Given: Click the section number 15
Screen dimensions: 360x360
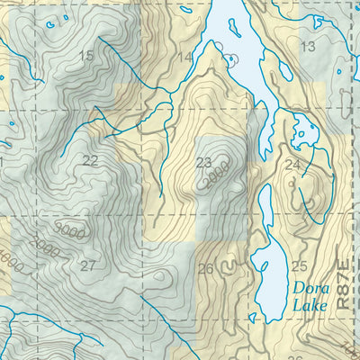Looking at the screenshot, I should click(86, 57).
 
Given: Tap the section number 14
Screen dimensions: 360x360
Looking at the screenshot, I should click(184, 58).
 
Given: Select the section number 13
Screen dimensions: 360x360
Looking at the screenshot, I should click(308, 47).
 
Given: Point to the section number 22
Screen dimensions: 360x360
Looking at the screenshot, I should click(90, 161).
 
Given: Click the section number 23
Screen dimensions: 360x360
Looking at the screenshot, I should click(203, 163).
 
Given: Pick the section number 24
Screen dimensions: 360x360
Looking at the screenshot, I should click(292, 165).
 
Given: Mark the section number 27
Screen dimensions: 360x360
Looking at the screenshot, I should click(87, 265).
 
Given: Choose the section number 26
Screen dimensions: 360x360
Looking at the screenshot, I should click(205, 268).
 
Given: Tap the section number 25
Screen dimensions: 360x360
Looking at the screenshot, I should click(299, 265).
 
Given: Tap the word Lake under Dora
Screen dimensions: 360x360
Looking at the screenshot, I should click(309, 305).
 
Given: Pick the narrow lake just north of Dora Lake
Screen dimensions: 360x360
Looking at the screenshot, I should click(265, 207).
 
